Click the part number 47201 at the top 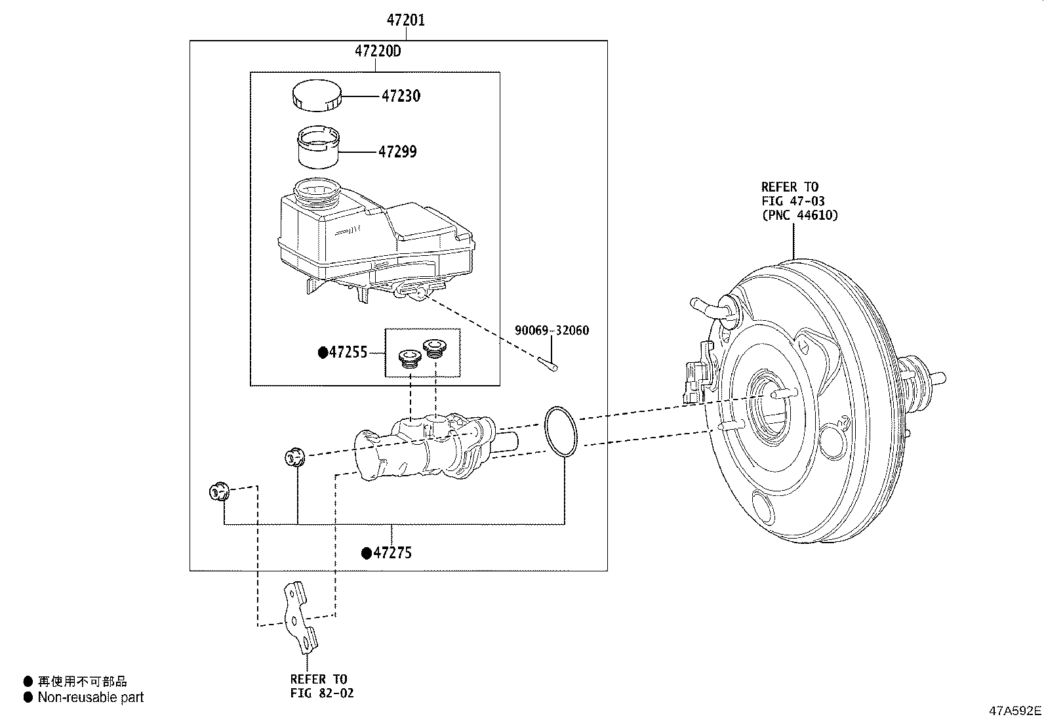click(405, 20)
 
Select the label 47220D click(378, 51)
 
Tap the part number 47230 click(401, 96)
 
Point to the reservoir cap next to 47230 click(317, 96)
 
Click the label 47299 click(397, 152)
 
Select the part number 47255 click(348, 352)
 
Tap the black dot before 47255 click(323, 352)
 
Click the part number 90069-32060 click(552, 330)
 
